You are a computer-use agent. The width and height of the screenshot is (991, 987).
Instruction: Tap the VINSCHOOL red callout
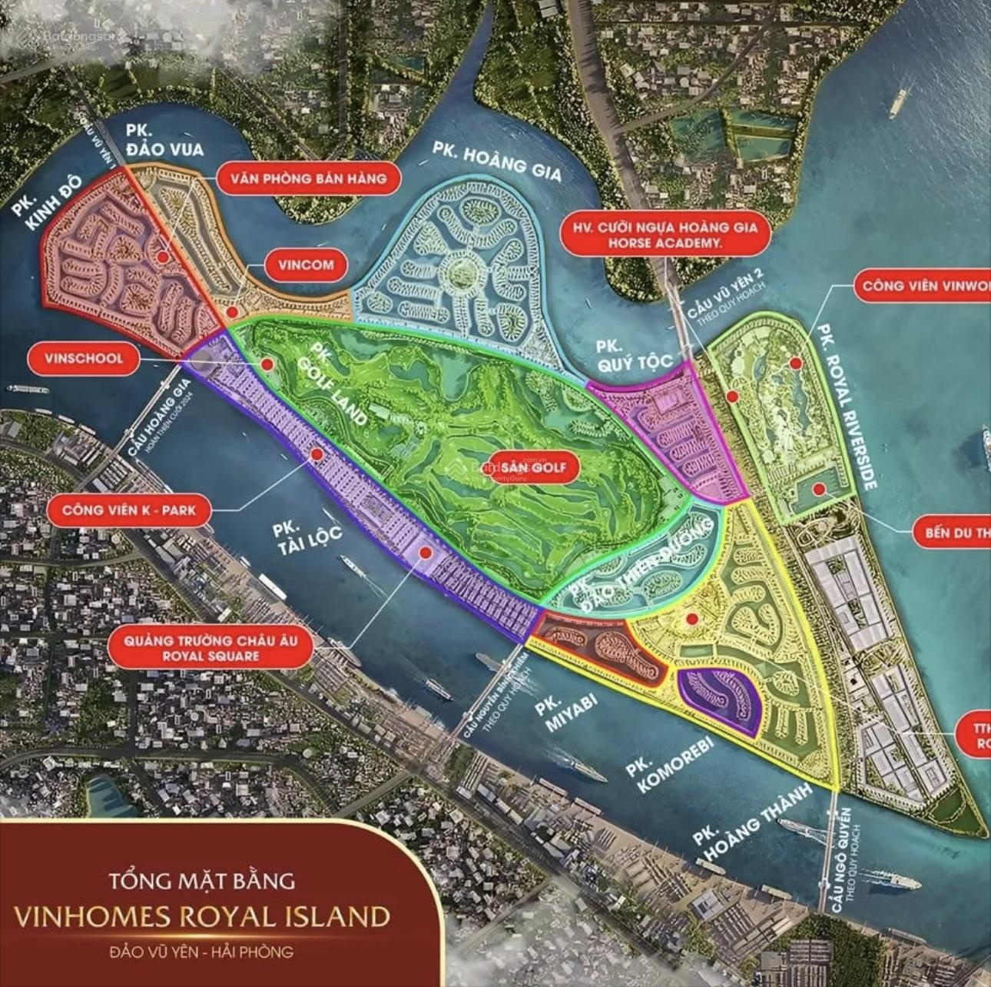point(83,358)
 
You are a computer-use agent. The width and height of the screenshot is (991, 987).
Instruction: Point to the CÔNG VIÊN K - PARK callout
point(128,509)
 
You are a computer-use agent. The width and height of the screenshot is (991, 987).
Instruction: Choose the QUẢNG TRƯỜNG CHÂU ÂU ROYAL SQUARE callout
point(210,647)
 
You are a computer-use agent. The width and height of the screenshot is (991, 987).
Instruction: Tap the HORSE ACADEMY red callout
point(665,234)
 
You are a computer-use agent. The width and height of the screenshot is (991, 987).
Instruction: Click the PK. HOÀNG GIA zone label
point(496,160)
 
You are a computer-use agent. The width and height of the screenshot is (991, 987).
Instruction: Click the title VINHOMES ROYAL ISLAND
point(202,916)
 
